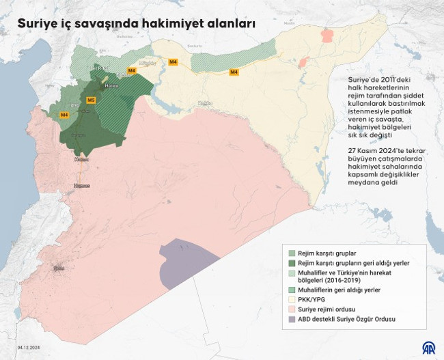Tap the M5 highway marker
tap(91, 100)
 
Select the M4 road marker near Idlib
tap(65, 115)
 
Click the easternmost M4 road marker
tap(234, 71)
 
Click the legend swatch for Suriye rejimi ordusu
tap(292, 309)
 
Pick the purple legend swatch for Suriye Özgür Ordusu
tap(292, 318)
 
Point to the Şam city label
tap(59, 268)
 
